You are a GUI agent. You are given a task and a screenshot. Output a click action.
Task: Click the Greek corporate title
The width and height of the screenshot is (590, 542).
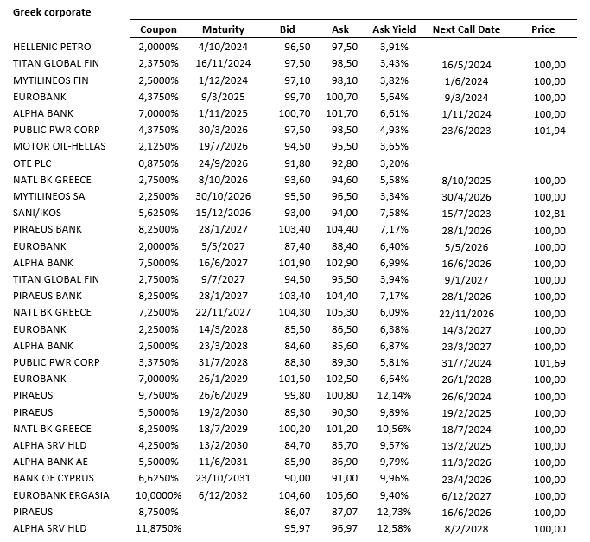click(x=51, y=13)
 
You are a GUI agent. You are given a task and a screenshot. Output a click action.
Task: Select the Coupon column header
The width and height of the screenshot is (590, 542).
click(x=158, y=29)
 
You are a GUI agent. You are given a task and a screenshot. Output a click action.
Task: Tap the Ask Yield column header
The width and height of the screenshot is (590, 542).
click(x=394, y=29)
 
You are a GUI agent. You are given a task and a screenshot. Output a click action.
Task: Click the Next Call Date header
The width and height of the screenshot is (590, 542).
click(x=466, y=29)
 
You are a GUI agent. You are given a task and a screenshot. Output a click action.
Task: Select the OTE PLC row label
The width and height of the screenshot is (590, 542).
click(x=34, y=163)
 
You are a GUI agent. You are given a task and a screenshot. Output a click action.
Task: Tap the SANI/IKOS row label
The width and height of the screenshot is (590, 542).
click(x=41, y=213)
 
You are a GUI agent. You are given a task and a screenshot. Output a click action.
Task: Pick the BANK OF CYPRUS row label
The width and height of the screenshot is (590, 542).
click(x=54, y=478)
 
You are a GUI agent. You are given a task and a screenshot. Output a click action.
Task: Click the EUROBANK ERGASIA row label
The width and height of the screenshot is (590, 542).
click(x=60, y=494)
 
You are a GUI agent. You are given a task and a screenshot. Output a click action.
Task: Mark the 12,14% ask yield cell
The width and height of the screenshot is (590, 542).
click(x=394, y=395)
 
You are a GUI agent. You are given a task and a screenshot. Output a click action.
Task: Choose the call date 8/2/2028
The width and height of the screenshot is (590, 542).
click(x=466, y=528)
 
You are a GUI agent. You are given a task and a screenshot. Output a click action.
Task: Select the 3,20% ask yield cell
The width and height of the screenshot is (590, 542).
click(x=394, y=163)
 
